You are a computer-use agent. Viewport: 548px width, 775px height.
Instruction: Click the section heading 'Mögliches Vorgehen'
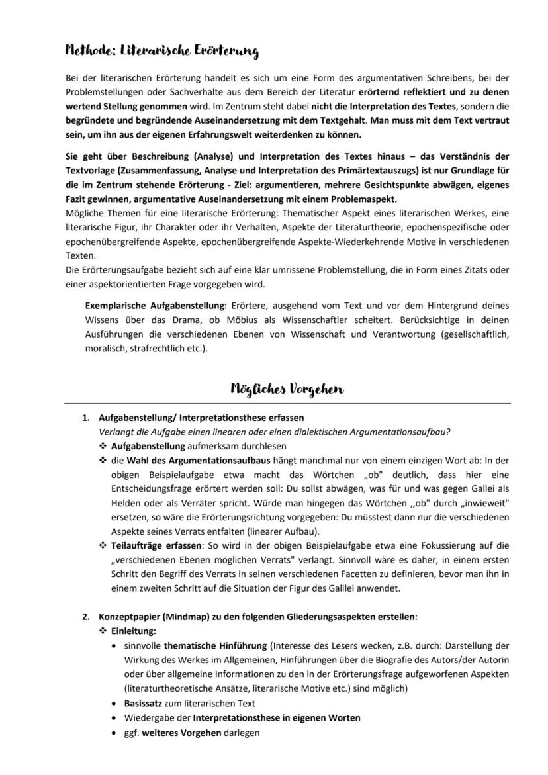(x=287, y=389)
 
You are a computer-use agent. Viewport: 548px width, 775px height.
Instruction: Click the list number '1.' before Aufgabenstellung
(x=85, y=418)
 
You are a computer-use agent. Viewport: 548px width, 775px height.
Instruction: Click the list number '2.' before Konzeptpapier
(x=85, y=617)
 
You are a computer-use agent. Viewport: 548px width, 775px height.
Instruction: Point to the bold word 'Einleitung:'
(x=134, y=631)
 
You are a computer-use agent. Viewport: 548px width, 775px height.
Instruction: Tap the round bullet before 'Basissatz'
(x=116, y=704)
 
